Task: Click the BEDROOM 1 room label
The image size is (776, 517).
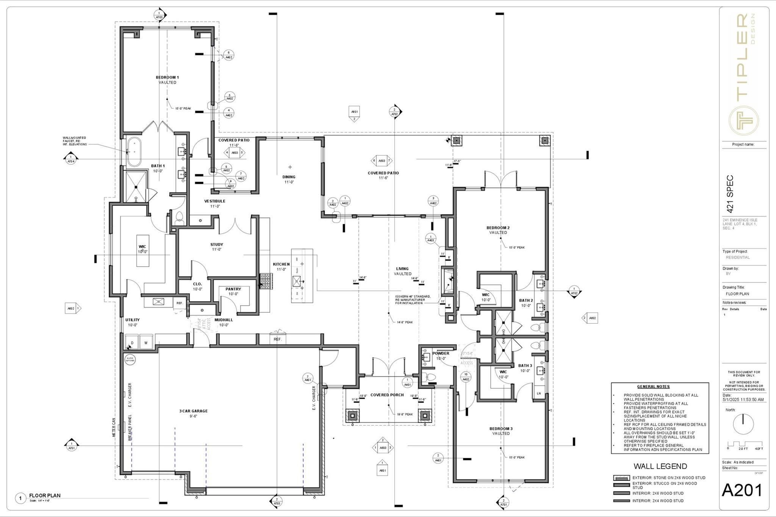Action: click(167, 78)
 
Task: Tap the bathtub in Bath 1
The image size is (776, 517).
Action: click(134, 153)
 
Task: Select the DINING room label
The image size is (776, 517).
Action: click(289, 177)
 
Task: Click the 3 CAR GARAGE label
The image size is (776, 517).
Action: click(193, 411)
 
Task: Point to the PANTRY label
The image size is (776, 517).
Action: click(233, 289)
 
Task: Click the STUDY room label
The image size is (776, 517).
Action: click(217, 245)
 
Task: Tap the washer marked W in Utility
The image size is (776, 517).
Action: click(146, 342)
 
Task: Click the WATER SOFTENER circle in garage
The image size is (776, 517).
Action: click(130, 359)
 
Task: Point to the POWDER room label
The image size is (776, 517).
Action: click(441, 353)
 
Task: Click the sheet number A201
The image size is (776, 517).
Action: click(742, 490)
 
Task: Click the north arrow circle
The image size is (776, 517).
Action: click(743, 424)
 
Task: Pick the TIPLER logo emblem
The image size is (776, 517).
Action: click(744, 120)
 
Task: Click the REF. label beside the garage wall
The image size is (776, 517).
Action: click(278, 339)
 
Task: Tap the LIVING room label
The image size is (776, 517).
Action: click(402, 269)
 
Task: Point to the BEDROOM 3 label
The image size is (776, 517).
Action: click(501, 429)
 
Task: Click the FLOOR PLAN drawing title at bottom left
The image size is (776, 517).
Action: click(45, 495)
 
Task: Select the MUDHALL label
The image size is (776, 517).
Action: click(224, 320)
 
